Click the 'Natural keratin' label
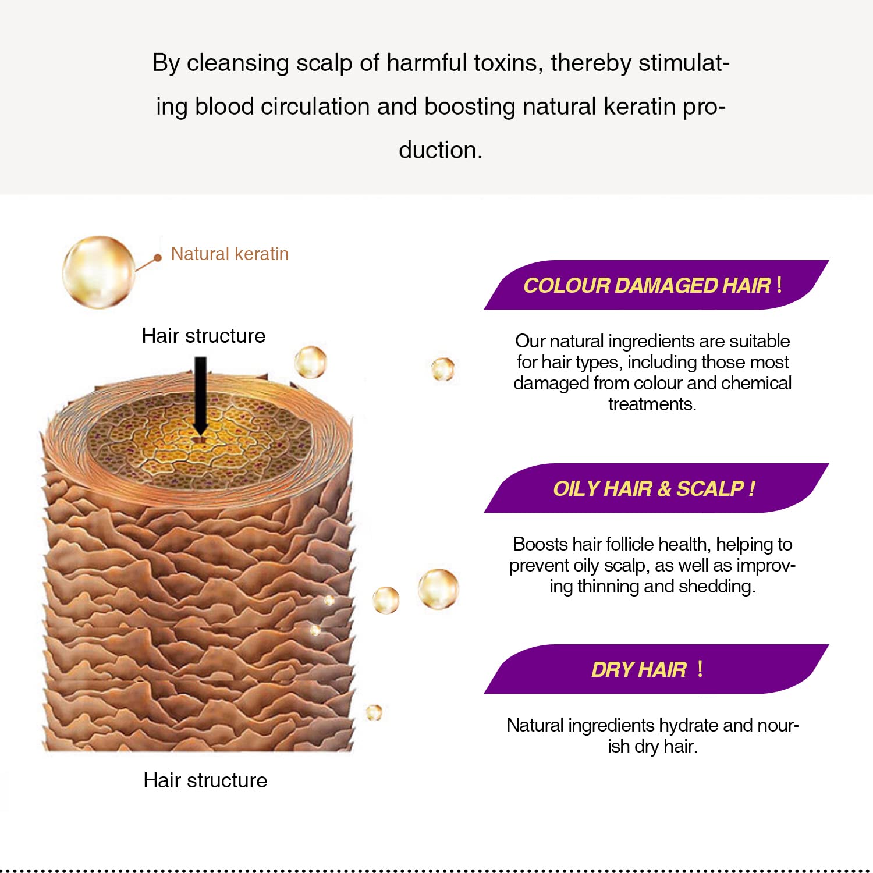coord(229,254)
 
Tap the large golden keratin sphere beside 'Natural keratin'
coord(99,272)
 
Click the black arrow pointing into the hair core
coord(200,396)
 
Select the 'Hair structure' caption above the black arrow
coord(204,336)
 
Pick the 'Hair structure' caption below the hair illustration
coord(205,780)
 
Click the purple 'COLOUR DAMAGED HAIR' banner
coord(656,285)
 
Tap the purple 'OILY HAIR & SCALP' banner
coord(656,488)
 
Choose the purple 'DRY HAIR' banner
coord(656,669)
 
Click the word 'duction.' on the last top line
coord(441,150)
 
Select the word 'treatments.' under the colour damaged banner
coord(652,404)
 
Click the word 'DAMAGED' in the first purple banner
coord(666,285)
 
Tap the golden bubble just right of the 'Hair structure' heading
coord(310,362)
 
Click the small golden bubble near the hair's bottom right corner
coord(374,712)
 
